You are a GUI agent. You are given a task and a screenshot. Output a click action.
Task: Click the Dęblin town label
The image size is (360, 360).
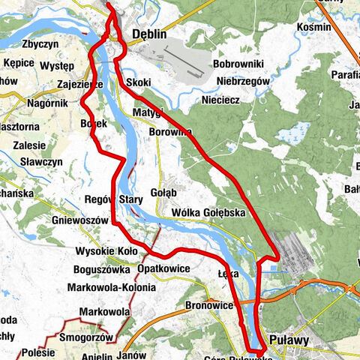[x=148, y=34]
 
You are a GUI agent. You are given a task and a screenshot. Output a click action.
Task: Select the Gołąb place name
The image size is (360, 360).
[x=163, y=192]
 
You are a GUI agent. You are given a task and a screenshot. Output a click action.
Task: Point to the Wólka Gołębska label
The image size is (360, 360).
[x=208, y=213]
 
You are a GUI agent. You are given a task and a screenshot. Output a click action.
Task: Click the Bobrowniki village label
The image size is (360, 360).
[x=235, y=65]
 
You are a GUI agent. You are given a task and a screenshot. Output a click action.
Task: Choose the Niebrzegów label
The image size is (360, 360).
[x=238, y=81]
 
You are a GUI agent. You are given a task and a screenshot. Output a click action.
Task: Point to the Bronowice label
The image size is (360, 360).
[x=209, y=306]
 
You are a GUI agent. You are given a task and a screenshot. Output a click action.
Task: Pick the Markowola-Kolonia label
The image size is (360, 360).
[x=111, y=287]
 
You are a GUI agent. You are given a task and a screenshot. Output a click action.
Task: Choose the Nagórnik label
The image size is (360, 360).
[x=49, y=103]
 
